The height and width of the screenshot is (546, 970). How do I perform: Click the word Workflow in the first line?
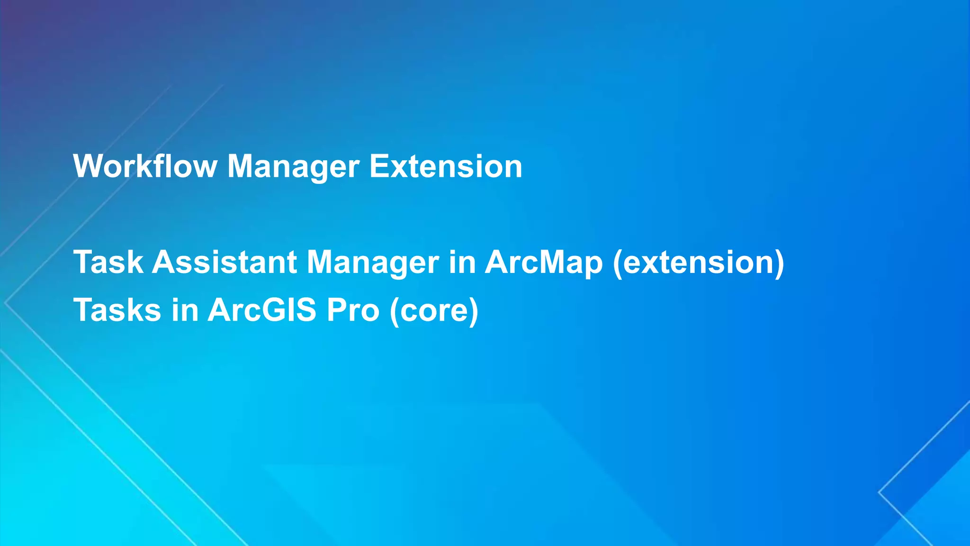tap(145, 167)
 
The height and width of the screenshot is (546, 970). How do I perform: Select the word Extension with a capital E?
tap(445, 167)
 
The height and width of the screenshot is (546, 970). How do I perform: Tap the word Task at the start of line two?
tap(108, 262)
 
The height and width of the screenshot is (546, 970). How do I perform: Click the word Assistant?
tap(225, 262)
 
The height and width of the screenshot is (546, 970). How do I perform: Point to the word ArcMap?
tap(544, 262)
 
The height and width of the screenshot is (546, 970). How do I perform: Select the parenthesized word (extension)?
tap(699, 263)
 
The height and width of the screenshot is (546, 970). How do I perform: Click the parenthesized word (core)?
tap(434, 311)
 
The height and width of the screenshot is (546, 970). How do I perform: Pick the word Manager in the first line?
tap(293, 167)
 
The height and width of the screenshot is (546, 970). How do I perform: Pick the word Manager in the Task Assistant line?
tap(373, 262)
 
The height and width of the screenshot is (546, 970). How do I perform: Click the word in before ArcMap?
tap(462, 262)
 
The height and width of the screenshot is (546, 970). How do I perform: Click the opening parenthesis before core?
tap(394, 311)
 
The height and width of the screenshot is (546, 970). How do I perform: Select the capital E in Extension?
tap(379, 166)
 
